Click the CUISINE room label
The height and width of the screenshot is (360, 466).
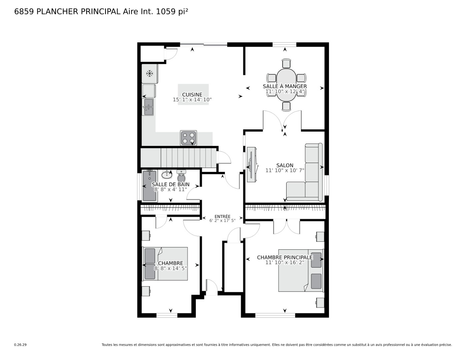coord(192,95)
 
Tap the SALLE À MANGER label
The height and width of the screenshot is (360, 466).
coord(285,86)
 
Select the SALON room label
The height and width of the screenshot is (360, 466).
coord(285,165)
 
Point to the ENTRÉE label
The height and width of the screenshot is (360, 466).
coord(222,216)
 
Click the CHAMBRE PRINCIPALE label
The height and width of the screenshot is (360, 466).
coord(285,257)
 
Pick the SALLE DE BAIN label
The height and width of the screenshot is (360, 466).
coord(170,184)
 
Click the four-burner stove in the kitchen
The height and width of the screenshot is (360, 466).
coord(188,138)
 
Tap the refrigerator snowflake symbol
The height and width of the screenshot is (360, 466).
coord(149,73)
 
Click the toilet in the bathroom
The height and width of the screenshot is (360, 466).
coord(181,176)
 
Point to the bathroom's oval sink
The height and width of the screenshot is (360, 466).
coord(167,175)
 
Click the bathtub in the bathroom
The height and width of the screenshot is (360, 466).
coord(149,186)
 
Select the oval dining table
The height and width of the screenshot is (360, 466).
coord(286,85)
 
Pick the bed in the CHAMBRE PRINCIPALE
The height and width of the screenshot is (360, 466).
coord(301,270)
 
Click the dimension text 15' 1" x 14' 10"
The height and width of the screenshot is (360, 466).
coord(192,100)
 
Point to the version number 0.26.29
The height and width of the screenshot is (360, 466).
coord(20,345)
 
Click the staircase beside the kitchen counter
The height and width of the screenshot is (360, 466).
coord(178,158)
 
